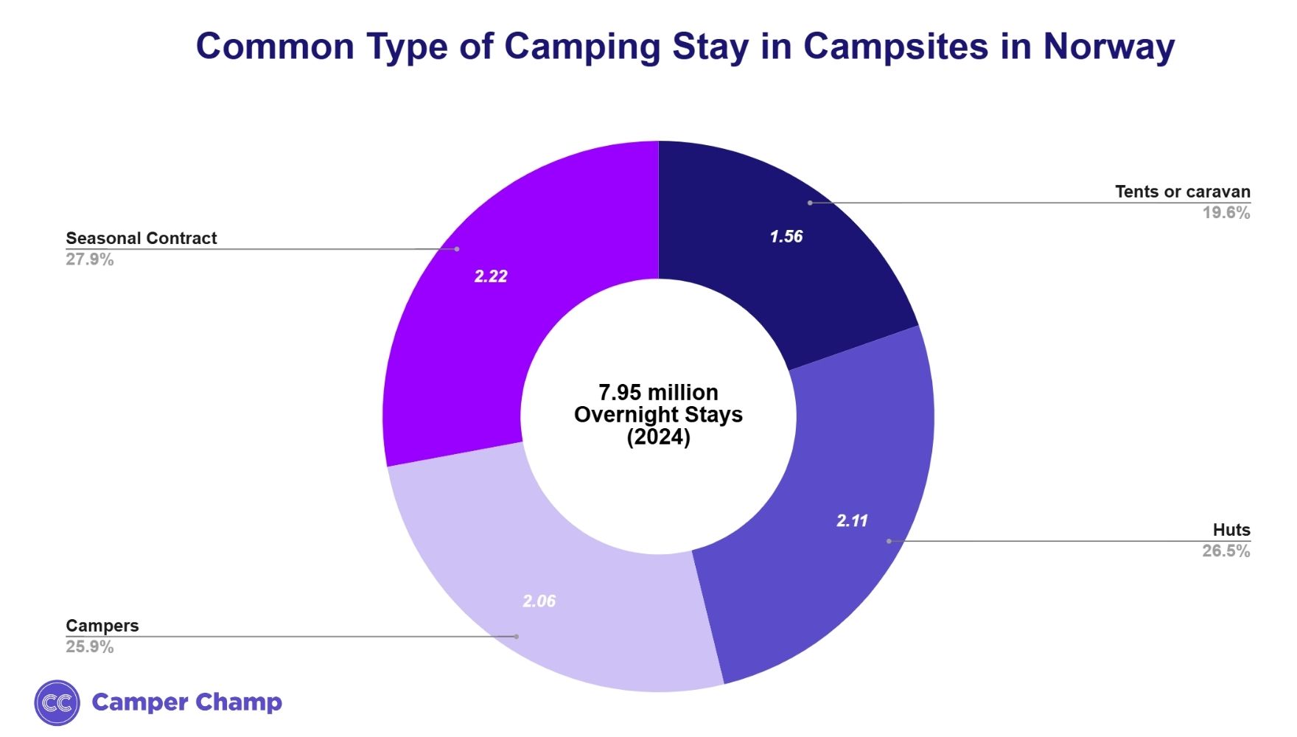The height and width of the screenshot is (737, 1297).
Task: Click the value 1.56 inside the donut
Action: [x=786, y=237]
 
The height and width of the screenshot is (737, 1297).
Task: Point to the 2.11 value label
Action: [x=852, y=520]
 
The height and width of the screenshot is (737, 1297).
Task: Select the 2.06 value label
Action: [x=539, y=601]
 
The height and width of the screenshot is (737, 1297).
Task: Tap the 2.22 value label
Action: [x=491, y=276]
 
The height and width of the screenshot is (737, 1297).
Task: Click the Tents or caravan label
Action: [x=1182, y=192]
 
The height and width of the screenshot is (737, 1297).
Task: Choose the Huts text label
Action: [x=1231, y=530]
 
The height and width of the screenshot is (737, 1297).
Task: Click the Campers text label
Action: [x=102, y=626]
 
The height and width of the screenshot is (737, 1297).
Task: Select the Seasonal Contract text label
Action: [x=141, y=238]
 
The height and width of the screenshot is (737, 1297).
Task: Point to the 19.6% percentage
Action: [x=1226, y=213]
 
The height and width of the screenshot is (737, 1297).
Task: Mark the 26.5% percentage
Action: [x=1226, y=551]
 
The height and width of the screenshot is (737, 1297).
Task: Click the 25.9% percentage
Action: [x=90, y=647]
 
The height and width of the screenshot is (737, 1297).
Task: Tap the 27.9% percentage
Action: [x=90, y=259]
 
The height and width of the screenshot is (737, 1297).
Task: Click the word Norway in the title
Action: [x=1108, y=46]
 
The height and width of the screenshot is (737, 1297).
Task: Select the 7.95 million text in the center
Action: [x=658, y=392]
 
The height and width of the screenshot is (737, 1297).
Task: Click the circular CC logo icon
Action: [x=57, y=702]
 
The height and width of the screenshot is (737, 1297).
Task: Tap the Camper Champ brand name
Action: [x=186, y=702]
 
